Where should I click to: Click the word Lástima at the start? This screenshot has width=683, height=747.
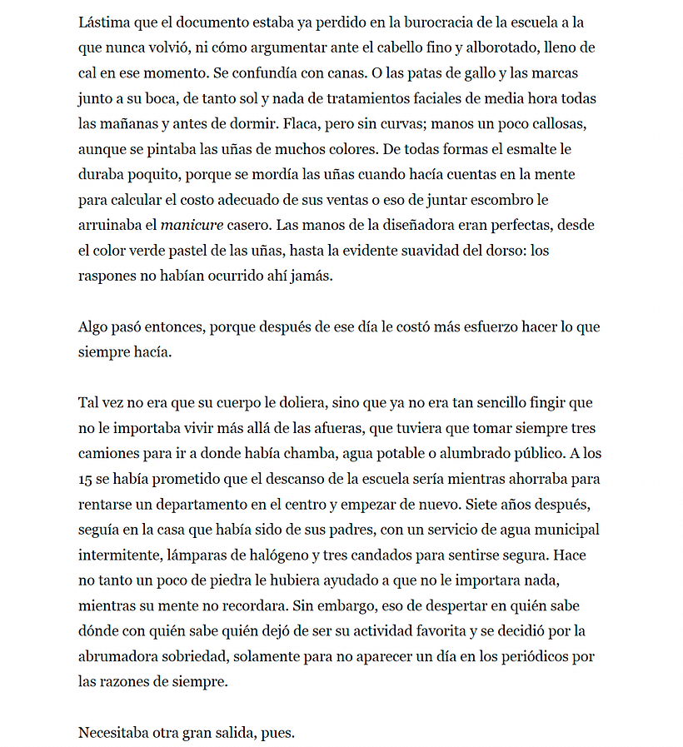coord(105,22)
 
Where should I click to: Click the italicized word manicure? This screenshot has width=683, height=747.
coord(192,226)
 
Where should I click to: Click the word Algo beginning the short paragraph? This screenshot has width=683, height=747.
coord(93,327)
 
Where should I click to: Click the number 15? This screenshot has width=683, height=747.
coord(86,480)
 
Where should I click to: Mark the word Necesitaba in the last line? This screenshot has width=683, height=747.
coord(117,733)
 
